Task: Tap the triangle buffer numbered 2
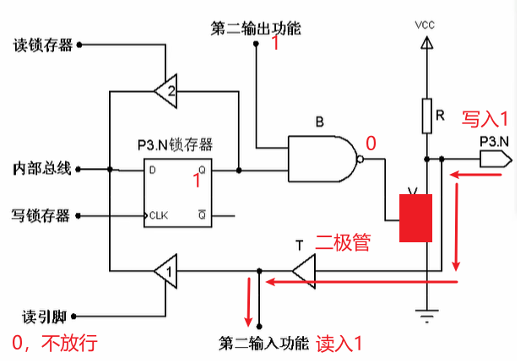point(166,90)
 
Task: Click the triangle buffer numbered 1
point(166,272)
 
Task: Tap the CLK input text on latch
point(159,215)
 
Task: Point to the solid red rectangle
point(416,219)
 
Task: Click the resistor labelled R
point(427,113)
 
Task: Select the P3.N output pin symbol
point(496,157)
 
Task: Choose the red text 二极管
point(342,242)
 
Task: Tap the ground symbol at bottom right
point(427,315)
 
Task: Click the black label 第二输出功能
point(256,28)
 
